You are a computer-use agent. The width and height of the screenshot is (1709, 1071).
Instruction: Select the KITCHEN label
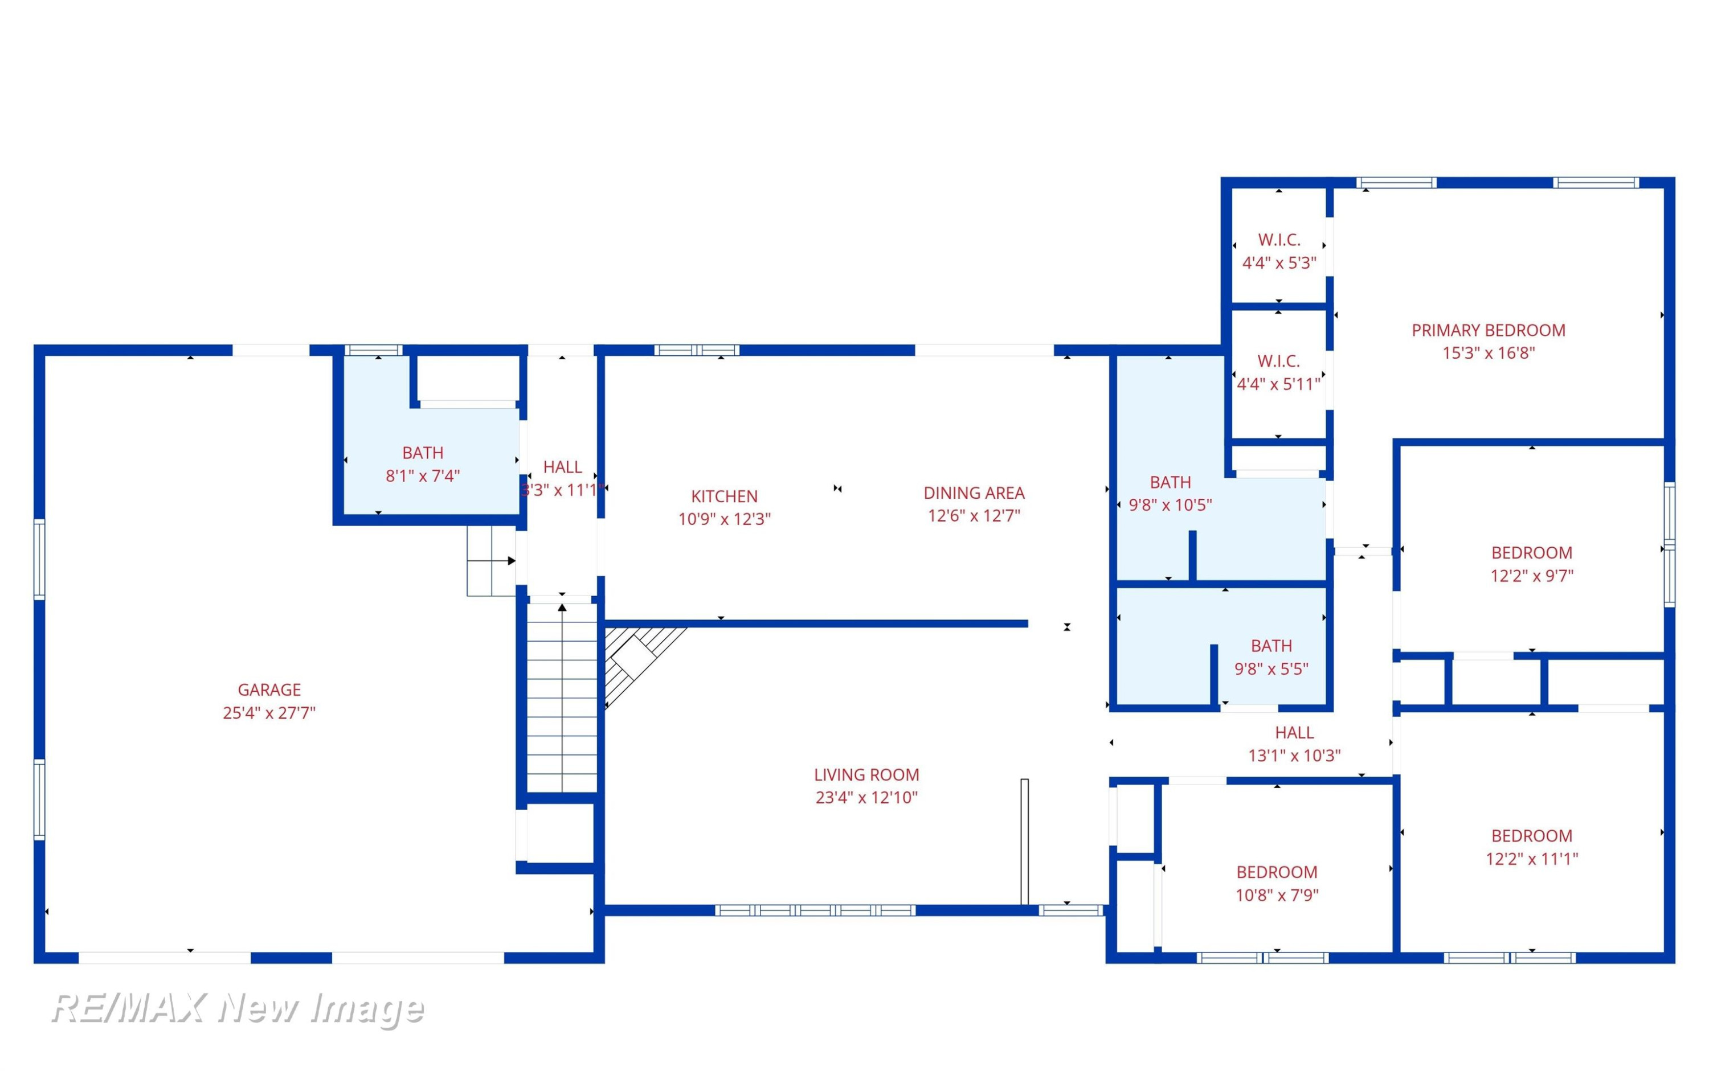pos(724,496)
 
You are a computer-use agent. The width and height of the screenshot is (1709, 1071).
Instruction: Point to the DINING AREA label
pos(974,493)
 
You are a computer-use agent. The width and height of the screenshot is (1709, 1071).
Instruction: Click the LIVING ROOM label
pos(866,774)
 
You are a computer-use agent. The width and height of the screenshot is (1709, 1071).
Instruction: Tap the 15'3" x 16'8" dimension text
pos(1488,353)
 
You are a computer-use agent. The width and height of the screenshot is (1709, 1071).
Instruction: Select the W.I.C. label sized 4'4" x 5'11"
pos(1278,360)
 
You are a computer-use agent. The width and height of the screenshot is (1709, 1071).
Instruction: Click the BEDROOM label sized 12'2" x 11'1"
pos(1531,835)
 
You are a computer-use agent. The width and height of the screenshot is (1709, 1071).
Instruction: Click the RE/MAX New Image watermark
pos(238,1009)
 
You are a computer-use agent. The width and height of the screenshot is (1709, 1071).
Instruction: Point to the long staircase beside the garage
pos(562,697)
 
